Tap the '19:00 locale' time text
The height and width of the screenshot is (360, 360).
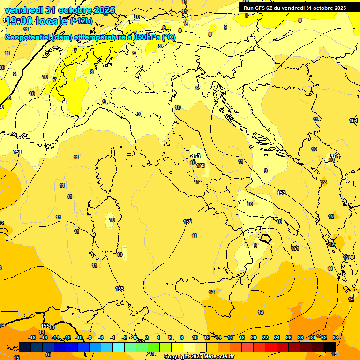point(36,21)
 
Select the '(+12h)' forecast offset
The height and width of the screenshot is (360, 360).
point(82,21)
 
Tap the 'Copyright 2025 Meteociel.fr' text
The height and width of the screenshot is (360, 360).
point(199,356)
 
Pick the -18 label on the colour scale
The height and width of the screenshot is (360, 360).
point(32,337)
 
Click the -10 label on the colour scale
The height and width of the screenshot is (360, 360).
point(79,337)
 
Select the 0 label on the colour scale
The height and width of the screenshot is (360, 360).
point(135,337)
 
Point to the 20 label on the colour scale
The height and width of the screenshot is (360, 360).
point(254,337)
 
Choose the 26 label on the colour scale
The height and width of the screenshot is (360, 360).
point(288,337)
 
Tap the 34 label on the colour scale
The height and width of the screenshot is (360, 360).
point(336,337)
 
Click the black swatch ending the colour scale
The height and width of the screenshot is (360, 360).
point(330,346)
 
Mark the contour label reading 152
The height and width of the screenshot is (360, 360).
point(187,222)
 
